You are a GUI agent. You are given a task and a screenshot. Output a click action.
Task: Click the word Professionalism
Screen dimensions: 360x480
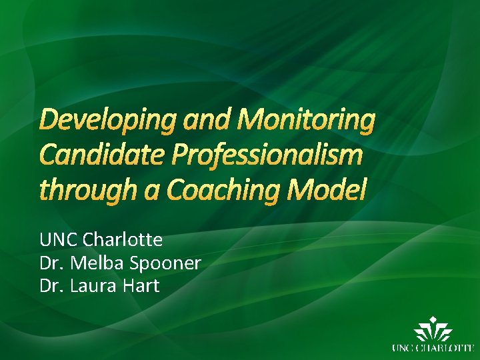[x=269, y=155]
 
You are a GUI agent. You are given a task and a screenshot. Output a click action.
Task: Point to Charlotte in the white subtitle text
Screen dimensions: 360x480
[x=123, y=239]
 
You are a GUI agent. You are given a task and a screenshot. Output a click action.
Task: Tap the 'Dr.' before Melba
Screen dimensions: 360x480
[x=51, y=263]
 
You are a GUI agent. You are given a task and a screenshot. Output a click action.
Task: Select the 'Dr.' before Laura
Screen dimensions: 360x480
[x=51, y=286]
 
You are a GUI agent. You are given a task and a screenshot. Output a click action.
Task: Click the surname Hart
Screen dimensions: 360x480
[x=141, y=286]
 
